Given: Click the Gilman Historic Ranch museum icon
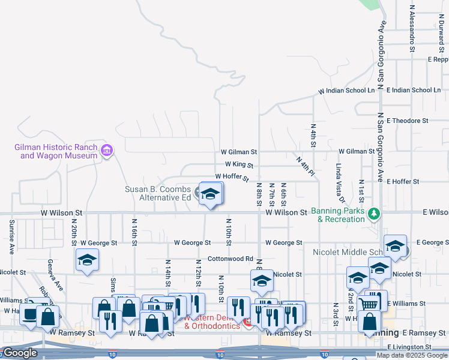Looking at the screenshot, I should pyautogui.click(x=107, y=149).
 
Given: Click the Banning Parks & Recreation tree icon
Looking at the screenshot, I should pyautogui.click(x=374, y=213).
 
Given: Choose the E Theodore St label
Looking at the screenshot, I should pyautogui.click(x=408, y=121).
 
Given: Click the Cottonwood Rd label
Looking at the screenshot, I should pyautogui.click(x=231, y=259).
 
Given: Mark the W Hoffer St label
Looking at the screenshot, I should pyautogui.click(x=232, y=177).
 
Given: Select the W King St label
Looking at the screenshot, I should pyautogui.click(x=239, y=164).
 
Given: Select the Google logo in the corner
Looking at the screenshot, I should pyautogui.click(x=20, y=353).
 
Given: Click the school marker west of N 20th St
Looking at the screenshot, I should pyautogui.click(x=88, y=261).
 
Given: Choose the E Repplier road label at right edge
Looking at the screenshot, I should pyautogui.click(x=438, y=59).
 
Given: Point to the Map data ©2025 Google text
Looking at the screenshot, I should pyautogui.click(x=412, y=355).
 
